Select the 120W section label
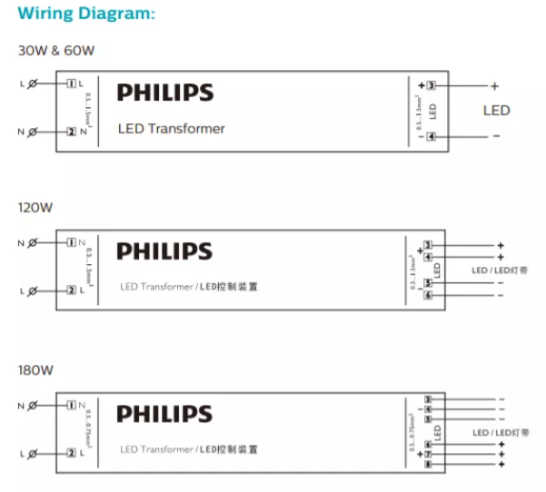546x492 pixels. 36,207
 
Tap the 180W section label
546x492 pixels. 36,370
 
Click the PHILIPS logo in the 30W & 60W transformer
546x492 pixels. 165,93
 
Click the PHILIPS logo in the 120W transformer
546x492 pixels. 164,251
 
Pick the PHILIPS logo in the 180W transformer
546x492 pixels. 164,415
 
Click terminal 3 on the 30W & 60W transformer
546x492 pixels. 432,85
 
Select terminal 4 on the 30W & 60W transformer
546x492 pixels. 432,137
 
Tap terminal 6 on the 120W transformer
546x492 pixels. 428,296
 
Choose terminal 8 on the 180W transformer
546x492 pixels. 428,465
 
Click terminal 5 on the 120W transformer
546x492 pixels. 428,284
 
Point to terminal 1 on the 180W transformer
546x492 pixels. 71,406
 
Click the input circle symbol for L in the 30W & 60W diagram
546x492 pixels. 34,84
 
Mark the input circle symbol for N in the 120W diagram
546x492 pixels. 34,243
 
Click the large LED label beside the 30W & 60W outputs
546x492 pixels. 496,111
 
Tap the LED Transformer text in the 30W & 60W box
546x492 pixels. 172,129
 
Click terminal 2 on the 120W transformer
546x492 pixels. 71,290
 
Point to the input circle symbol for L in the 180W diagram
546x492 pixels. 34,453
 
